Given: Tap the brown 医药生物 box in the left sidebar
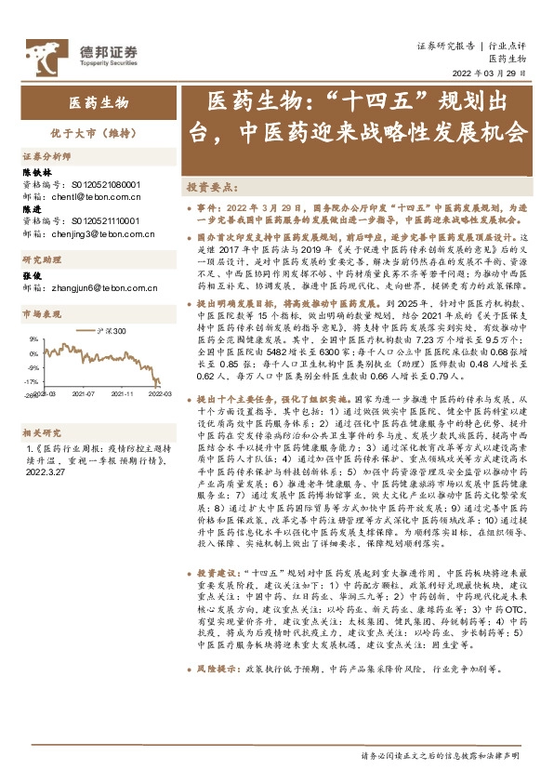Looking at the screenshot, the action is pos(97,102).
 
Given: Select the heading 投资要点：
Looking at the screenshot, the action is pos(212,186).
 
